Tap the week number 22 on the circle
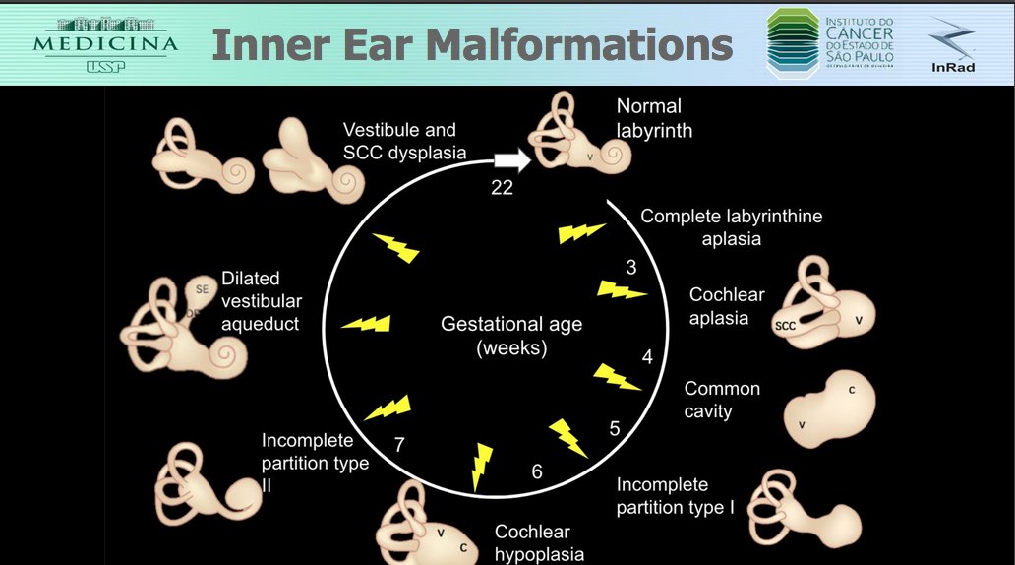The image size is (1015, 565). pyautogui.click(x=502, y=188)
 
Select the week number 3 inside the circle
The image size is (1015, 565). pyautogui.click(x=631, y=267)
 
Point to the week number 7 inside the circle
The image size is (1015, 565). pyautogui.click(x=399, y=445)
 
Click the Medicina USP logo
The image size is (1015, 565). pyautogui.click(x=105, y=43)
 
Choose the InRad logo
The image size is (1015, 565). pyautogui.click(x=950, y=45)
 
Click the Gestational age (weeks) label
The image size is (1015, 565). pyautogui.click(x=511, y=336)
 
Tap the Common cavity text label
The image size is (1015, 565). pyautogui.click(x=722, y=400)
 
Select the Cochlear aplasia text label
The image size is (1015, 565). pyautogui.click(x=719, y=306)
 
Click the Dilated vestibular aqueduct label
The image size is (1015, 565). pyautogui.click(x=262, y=301)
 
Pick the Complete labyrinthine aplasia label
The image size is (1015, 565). pyautogui.click(x=731, y=227)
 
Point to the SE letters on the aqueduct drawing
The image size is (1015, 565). pyautogui.click(x=202, y=289)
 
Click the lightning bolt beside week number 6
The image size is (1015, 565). pyautogui.click(x=481, y=466)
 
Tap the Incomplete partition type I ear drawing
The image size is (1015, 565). pyautogui.click(x=802, y=508)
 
